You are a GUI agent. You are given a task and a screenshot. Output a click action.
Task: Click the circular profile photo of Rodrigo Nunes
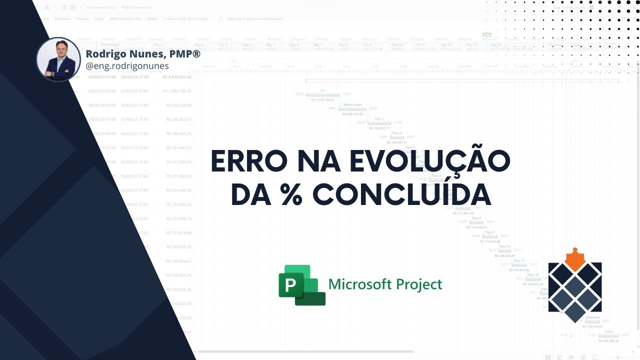point(58,59)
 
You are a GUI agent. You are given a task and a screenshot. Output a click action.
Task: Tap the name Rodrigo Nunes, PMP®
point(143,53)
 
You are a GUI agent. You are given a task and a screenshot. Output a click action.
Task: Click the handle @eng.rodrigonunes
point(127,66)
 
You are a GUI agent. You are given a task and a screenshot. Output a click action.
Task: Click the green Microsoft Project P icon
point(301,285)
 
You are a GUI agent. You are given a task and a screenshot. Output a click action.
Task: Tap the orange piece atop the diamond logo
point(575,260)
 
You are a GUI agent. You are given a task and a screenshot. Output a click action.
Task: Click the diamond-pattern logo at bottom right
point(575,290)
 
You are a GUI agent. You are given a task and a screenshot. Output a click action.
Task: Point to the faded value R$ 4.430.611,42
point(177,77)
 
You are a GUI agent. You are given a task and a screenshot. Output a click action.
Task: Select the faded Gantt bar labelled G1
point(323,95)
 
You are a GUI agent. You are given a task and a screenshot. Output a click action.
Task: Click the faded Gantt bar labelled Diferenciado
point(353,108)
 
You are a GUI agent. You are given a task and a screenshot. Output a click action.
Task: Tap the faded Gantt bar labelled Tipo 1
point(379,123)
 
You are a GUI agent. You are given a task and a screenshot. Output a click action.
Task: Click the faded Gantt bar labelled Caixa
point(608,335)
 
